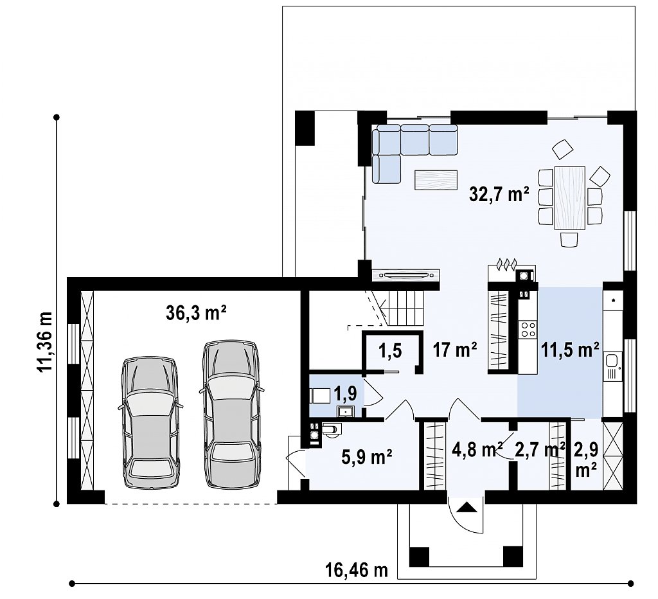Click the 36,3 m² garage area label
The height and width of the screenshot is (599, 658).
(x=197, y=313)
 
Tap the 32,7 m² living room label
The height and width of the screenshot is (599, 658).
(x=499, y=194)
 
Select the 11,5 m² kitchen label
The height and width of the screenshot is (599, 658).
(x=570, y=350)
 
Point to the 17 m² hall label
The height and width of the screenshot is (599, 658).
(x=455, y=350)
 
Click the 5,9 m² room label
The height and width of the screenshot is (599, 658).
(x=367, y=458)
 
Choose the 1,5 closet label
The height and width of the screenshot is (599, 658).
(x=390, y=350)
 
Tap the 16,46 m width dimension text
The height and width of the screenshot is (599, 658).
(x=356, y=571)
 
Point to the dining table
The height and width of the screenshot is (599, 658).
(x=570, y=198)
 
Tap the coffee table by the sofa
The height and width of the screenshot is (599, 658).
(x=436, y=180)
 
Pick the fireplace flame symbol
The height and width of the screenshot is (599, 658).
(x=506, y=264)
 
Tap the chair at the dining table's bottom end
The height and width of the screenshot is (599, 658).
(x=569, y=240)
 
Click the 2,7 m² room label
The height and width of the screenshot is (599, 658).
(x=540, y=450)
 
